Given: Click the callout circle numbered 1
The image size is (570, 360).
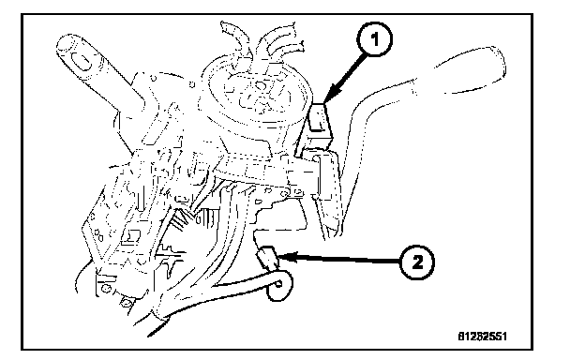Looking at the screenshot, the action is [x=374, y=38].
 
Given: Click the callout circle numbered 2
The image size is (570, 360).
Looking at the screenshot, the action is [x=417, y=262].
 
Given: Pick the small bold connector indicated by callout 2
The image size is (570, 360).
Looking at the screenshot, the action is [x=268, y=257].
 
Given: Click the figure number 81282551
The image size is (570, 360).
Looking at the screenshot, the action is [x=482, y=336].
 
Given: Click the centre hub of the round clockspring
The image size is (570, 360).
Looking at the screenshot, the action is [x=260, y=86].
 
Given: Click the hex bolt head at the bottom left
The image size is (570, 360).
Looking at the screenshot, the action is [x=127, y=303].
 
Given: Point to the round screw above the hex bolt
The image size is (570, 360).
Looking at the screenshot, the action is [x=106, y=289].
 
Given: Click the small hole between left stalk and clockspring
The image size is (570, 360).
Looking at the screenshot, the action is [x=192, y=85].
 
